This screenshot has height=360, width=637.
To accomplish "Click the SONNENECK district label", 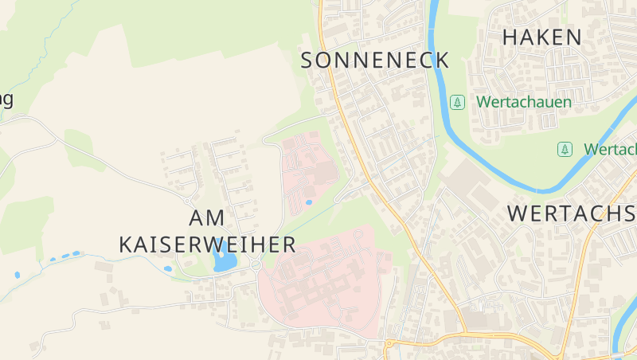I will coord(375,60).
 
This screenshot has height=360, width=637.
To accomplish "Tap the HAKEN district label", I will coord(553,36).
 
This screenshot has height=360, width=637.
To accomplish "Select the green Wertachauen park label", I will coord(524,102).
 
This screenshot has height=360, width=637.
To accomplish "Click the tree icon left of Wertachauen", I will coord(457,102).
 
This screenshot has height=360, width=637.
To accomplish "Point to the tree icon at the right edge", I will coord(565,149).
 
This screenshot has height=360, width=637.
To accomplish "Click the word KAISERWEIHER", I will coord(207,244).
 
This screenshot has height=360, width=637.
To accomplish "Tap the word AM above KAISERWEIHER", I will coord(207,217).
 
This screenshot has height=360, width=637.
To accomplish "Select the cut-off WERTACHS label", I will coord(571,213).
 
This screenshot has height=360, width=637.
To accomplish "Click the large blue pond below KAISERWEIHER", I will coord(224,260).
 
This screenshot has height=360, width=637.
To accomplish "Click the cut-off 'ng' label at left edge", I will coord(6,100).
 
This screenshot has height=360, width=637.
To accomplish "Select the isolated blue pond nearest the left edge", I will coord(17,275).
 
